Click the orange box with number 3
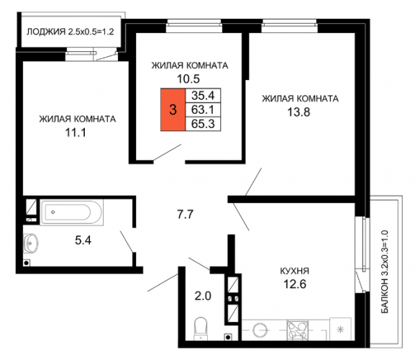173,109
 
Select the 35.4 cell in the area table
203,95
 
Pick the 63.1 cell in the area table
203,109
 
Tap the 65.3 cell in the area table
203,124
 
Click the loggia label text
70,32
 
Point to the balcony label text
385,271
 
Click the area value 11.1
76,132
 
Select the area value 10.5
188,78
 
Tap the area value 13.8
298,112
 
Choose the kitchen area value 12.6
295,284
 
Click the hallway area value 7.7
186,215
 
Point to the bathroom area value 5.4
83,240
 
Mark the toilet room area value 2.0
203,296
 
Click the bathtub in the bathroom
71,212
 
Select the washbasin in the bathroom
30,243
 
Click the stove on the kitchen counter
298,330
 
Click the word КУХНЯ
295,271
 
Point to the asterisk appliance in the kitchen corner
340,329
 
